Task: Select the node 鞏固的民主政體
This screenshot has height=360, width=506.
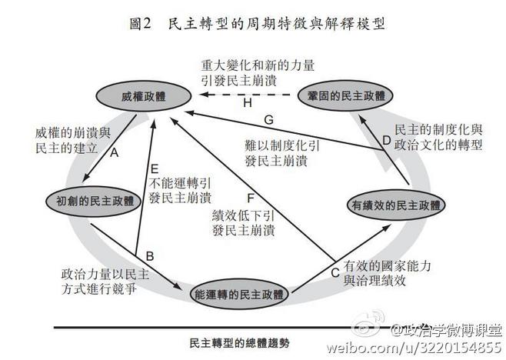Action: (x=348, y=95)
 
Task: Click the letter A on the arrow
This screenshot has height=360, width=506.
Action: (x=114, y=153)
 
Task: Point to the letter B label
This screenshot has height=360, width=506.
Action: (x=151, y=255)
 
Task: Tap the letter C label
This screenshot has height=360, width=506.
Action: (x=335, y=272)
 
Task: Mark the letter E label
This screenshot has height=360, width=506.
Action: (x=155, y=169)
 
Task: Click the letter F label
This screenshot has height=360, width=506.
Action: (x=250, y=195)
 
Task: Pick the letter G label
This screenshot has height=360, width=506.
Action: (x=268, y=120)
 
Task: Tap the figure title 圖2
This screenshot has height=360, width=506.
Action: (x=144, y=24)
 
